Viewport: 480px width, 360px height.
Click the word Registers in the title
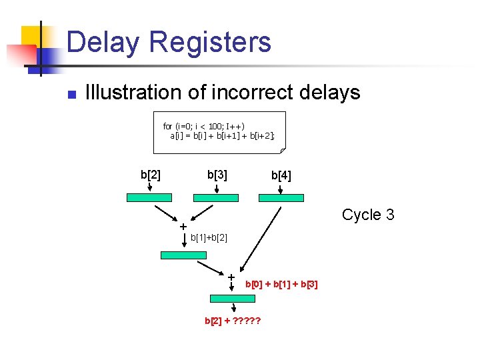pyautogui.click(x=211, y=42)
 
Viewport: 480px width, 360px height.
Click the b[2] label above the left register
pyautogui.click(x=150, y=175)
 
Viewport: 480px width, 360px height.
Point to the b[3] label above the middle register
pyautogui.click(x=217, y=175)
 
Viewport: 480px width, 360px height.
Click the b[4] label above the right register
pyautogui.click(x=281, y=176)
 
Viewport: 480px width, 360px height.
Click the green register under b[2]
pyautogui.click(x=150, y=198)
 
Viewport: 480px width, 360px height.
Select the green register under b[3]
pyautogui.click(x=215, y=198)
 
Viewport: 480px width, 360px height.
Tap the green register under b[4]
pyautogui.click(x=281, y=198)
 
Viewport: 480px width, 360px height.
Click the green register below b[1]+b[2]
pyautogui.click(x=183, y=255)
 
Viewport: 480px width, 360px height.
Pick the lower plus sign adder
pyautogui.click(x=231, y=277)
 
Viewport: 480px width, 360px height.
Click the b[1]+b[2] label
pyautogui.click(x=209, y=238)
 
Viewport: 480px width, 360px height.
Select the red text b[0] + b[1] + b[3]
pyautogui.click(x=281, y=285)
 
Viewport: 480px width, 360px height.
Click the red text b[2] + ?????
pyautogui.click(x=232, y=321)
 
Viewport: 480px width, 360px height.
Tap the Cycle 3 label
pyautogui.click(x=368, y=215)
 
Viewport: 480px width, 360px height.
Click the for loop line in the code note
pyautogui.click(x=203, y=126)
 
